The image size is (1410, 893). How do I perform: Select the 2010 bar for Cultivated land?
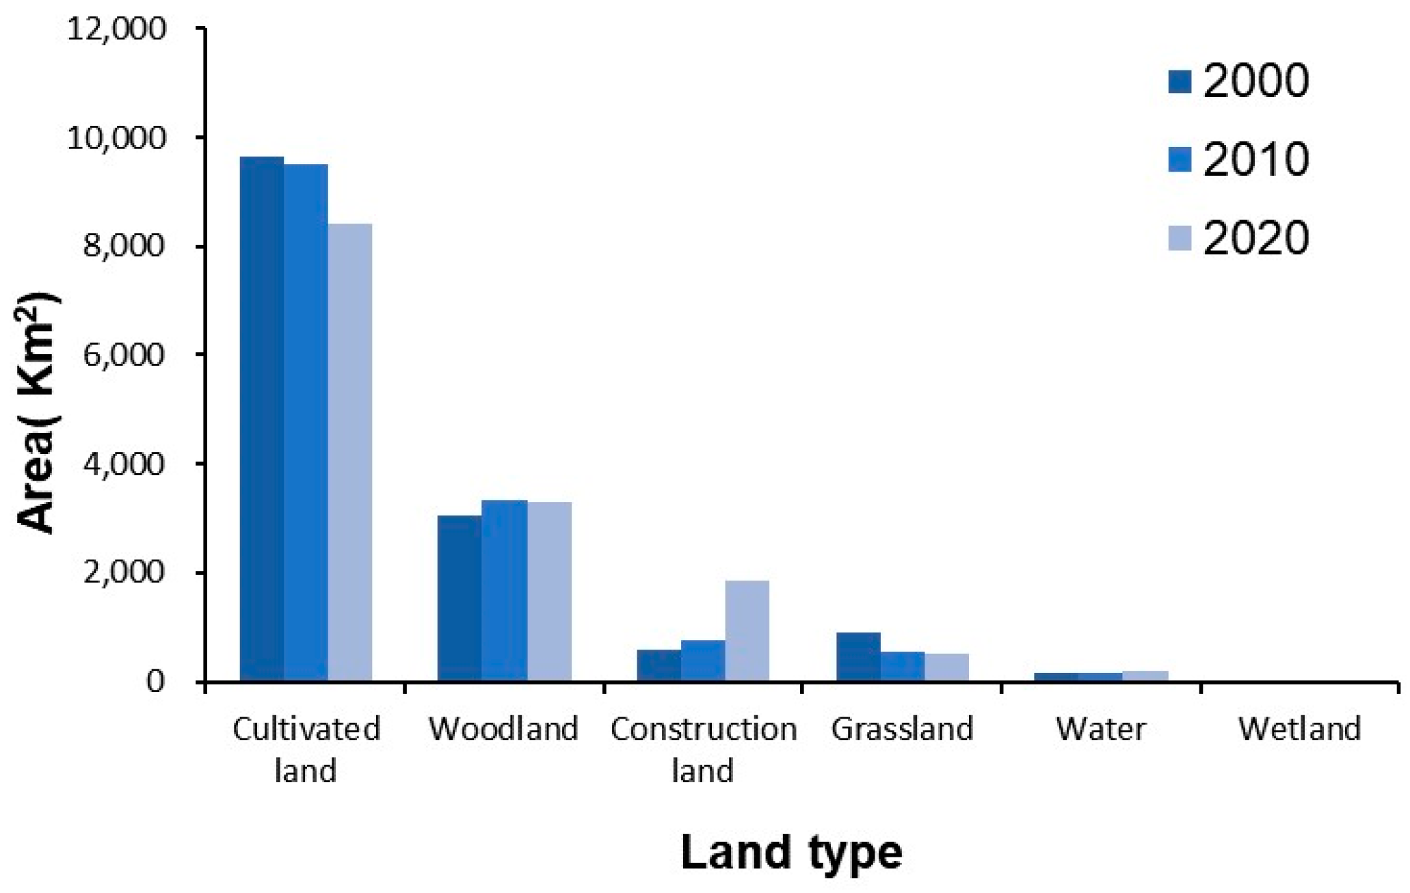click(x=306, y=423)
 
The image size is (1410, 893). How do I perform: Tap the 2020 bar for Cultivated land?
click(x=350, y=452)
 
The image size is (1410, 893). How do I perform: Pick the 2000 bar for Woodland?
click(x=460, y=598)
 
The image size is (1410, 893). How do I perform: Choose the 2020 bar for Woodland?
click(x=549, y=591)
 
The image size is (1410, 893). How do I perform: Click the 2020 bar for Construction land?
click(x=747, y=630)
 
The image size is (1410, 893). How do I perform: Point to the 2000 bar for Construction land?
click(x=659, y=665)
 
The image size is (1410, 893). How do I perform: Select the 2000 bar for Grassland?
click(x=858, y=656)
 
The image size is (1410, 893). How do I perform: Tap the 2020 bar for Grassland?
click(x=947, y=667)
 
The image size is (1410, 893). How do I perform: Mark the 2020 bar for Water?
click(x=1145, y=676)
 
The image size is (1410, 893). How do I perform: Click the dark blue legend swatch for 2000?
click(x=1180, y=81)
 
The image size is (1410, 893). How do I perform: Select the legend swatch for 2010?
click(x=1180, y=160)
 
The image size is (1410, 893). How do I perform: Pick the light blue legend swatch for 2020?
click(x=1180, y=239)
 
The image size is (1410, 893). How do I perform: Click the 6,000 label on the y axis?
click(x=124, y=355)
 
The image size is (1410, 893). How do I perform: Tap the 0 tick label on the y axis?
click(x=155, y=681)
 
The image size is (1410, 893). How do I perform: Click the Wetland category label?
click(x=1299, y=729)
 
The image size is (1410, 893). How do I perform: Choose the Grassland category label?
click(x=902, y=729)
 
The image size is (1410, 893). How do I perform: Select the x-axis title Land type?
click(x=791, y=853)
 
